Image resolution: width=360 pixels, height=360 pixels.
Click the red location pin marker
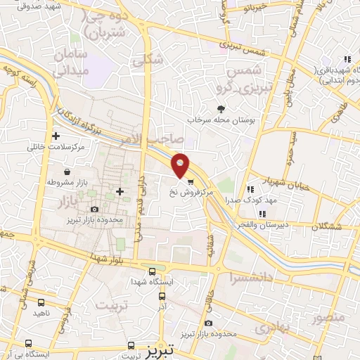[181, 165]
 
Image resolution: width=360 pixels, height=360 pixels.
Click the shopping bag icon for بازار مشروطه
[66, 172]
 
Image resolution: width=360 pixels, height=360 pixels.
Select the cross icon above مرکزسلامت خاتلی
[56, 136]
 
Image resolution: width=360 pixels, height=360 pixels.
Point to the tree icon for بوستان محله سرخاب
[221, 109]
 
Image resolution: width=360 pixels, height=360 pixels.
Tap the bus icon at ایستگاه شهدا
[152, 271]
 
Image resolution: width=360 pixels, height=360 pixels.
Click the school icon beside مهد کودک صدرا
[250, 189]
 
